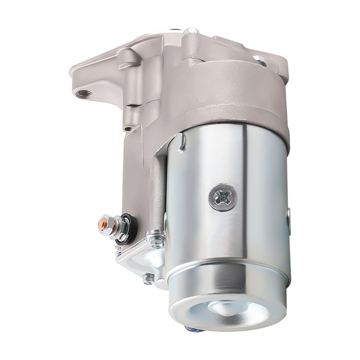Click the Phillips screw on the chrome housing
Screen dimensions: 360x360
(221, 197)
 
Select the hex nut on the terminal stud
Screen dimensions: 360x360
(115, 227)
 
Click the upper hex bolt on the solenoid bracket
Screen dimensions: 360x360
(157, 241)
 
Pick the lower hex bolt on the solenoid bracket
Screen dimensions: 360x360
(148, 278)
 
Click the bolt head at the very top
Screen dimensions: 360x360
(191, 31)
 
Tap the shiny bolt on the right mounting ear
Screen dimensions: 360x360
(259, 59)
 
